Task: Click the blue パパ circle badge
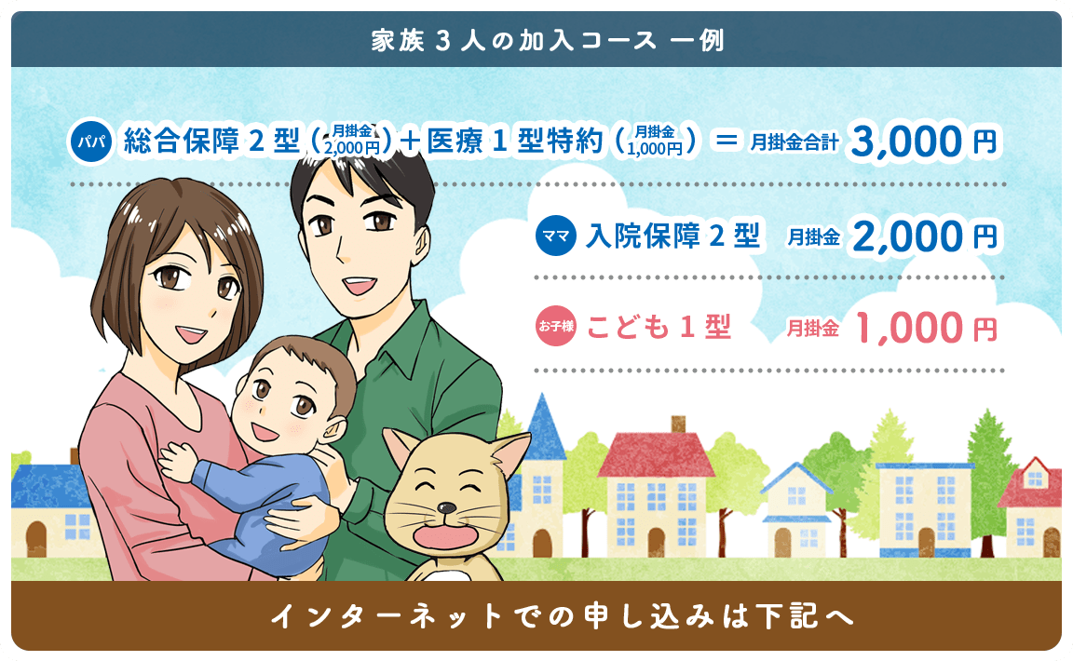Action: (x=91, y=142)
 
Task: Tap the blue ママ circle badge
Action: (x=556, y=236)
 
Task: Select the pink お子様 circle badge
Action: (x=556, y=326)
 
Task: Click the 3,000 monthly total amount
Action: (x=905, y=142)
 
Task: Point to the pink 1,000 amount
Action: (x=909, y=328)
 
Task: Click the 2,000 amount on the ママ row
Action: (x=907, y=236)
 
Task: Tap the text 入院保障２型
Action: (x=672, y=236)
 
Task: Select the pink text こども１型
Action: (x=659, y=327)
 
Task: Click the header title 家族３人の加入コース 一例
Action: (x=548, y=40)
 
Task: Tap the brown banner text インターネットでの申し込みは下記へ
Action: (x=563, y=615)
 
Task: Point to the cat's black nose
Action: (x=446, y=507)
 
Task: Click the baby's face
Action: (x=286, y=403)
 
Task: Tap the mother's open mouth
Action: (x=190, y=334)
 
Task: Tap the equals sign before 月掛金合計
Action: (x=727, y=141)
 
